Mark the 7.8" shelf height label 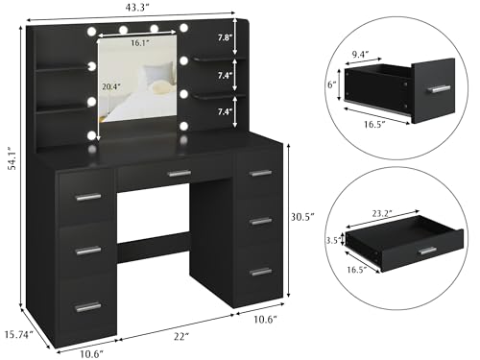(251, 37)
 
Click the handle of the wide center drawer (179, 174)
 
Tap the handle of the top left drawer (88, 197)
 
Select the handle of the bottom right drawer (259, 272)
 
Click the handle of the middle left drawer (88, 250)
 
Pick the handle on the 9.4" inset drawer (440, 88)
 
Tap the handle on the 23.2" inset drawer (427, 251)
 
